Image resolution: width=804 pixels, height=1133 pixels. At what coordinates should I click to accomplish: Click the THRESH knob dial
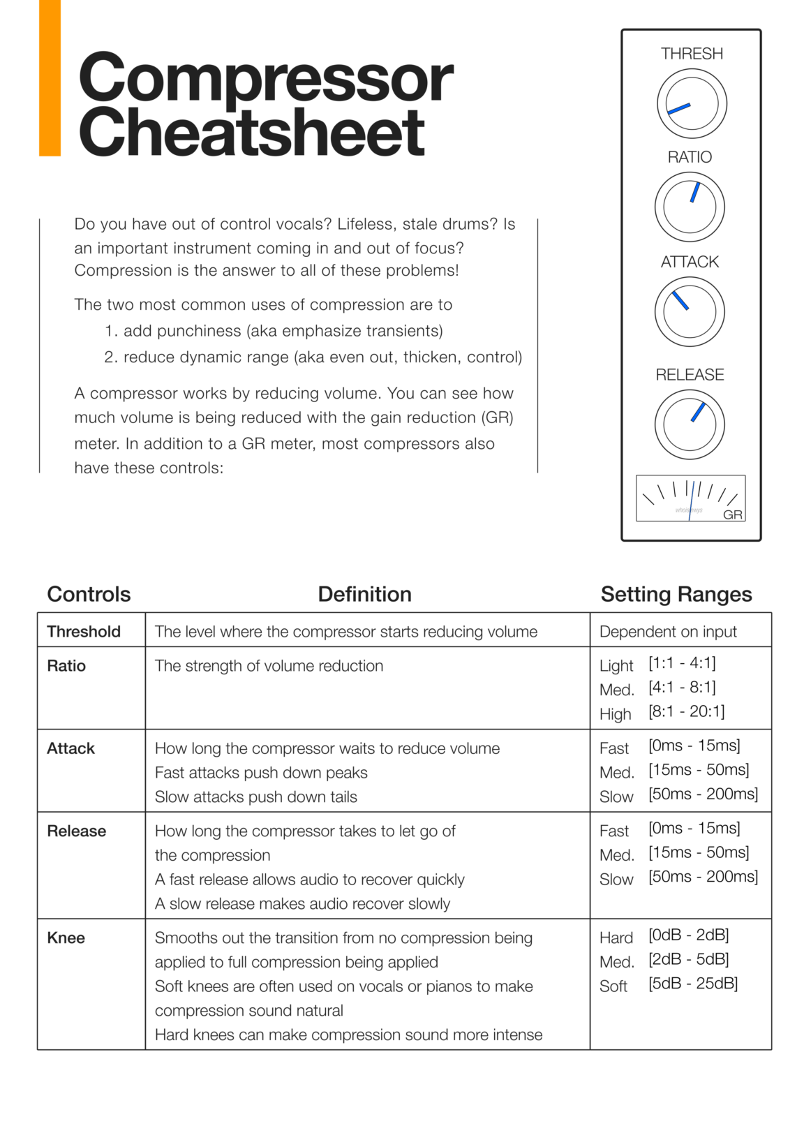[x=691, y=103]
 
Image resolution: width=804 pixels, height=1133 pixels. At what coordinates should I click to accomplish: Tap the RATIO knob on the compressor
[x=689, y=207]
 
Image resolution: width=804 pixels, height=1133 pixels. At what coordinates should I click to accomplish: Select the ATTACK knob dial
[x=689, y=311]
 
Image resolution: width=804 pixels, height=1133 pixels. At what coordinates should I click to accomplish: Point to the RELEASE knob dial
[x=689, y=424]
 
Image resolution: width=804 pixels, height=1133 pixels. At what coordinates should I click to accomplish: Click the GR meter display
[x=690, y=498]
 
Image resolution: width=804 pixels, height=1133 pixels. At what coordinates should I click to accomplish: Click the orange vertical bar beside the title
[x=50, y=77]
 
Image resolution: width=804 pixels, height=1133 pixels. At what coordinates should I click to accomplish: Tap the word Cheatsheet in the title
[x=251, y=133]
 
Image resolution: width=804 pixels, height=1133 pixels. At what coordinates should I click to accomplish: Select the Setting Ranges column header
[x=676, y=594]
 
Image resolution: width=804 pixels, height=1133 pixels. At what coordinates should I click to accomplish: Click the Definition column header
[x=364, y=594]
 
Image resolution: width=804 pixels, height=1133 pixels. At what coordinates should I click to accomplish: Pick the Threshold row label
[x=83, y=631]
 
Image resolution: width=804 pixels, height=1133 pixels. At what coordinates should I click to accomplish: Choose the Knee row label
[x=66, y=938]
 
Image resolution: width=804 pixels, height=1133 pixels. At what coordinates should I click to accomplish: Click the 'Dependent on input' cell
[x=667, y=631]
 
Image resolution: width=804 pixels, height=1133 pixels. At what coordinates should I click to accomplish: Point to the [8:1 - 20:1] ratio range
[x=686, y=711]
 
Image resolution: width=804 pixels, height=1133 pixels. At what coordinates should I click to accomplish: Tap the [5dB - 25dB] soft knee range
[x=692, y=984]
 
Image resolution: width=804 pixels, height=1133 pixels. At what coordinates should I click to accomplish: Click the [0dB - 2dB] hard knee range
[x=688, y=935]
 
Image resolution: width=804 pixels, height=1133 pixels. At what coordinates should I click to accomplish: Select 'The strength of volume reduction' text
[x=269, y=665]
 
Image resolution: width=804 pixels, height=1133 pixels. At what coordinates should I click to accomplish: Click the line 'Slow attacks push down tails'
[x=255, y=797]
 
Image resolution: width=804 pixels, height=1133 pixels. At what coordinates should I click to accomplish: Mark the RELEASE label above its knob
[x=690, y=375]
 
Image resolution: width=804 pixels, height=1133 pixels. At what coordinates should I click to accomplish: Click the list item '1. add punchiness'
[x=274, y=331]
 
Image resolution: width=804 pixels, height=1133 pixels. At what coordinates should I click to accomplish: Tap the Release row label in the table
[x=76, y=831]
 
